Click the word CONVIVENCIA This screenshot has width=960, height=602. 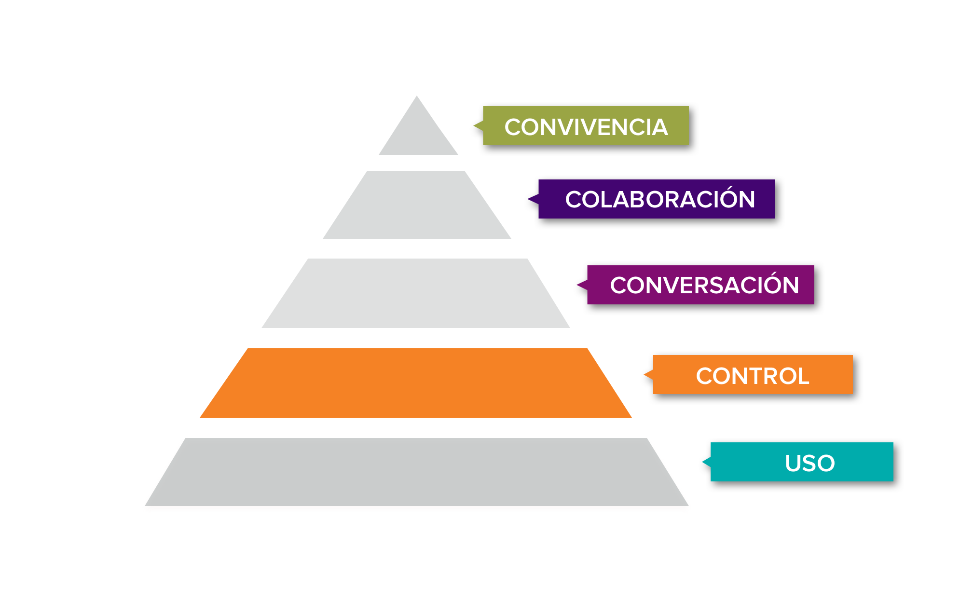[x=586, y=127]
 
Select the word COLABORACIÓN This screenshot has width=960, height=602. [x=659, y=200]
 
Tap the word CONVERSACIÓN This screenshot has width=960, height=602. [x=704, y=285]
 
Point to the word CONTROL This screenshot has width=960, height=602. [x=752, y=376]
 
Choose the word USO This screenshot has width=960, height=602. [x=809, y=463]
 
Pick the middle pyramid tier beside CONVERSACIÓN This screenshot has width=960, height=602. [x=416, y=294]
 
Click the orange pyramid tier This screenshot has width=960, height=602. [x=416, y=383]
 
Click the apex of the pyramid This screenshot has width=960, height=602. [x=417, y=97]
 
